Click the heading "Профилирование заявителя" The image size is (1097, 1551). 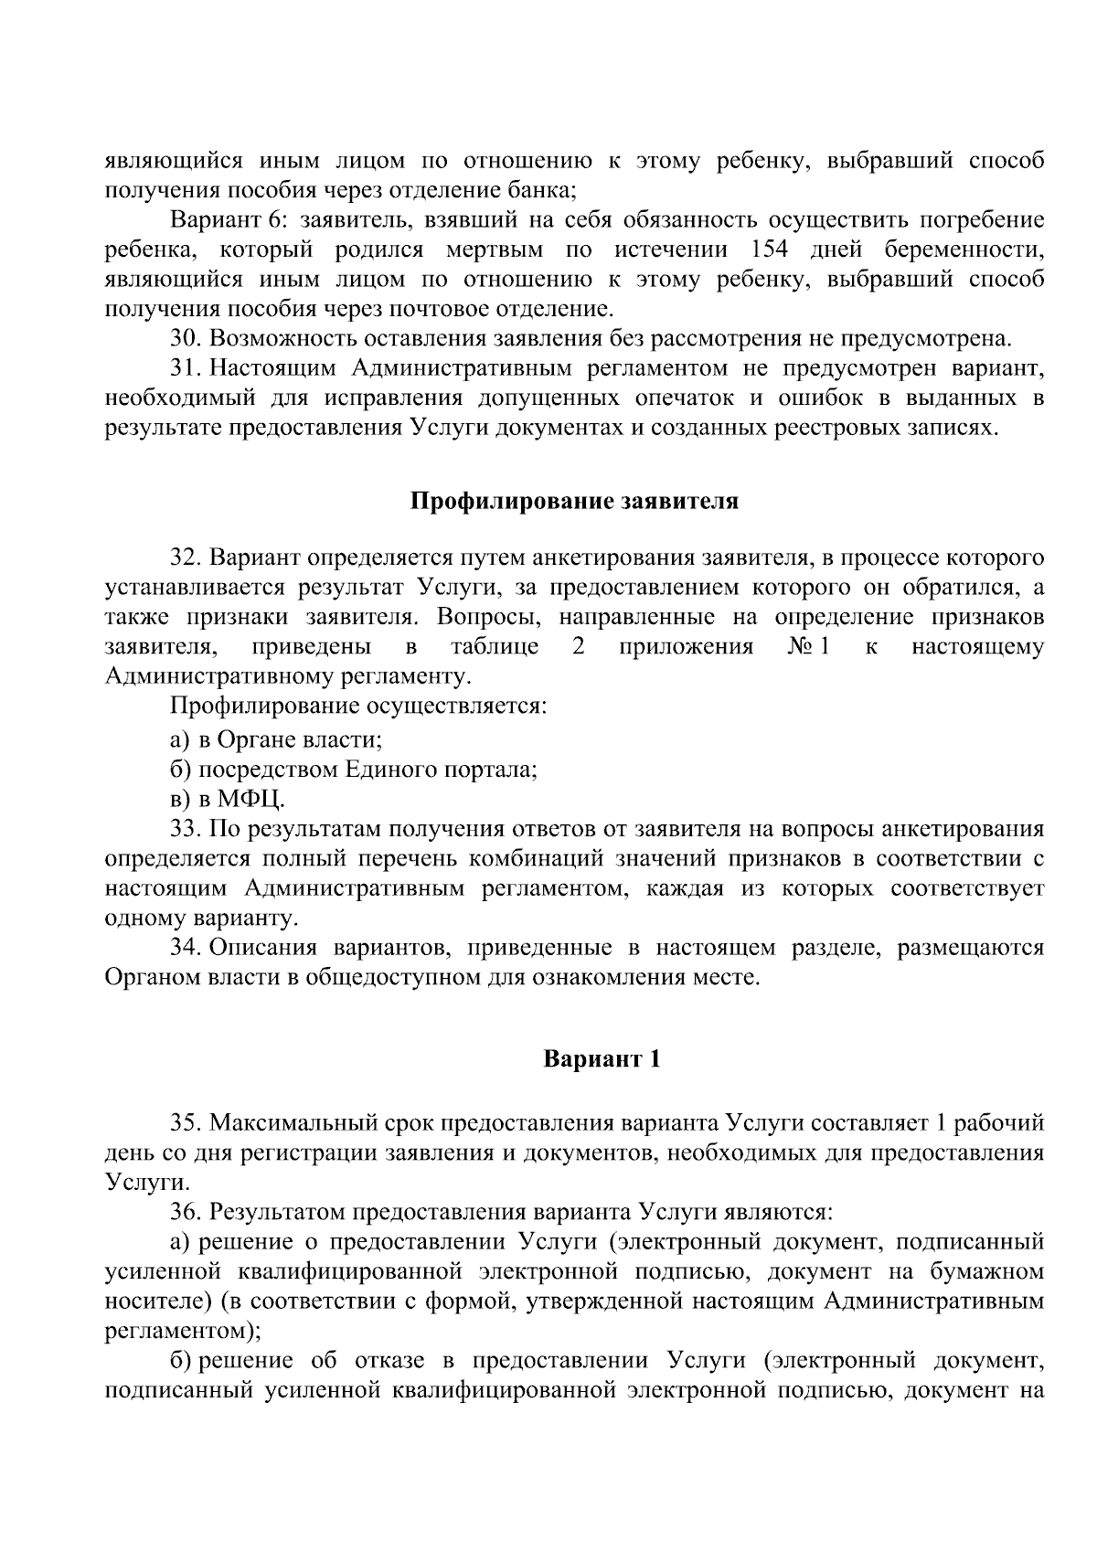tap(573, 503)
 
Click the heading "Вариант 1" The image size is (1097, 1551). tap(602, 1059)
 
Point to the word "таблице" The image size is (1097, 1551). tap(495, 647)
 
